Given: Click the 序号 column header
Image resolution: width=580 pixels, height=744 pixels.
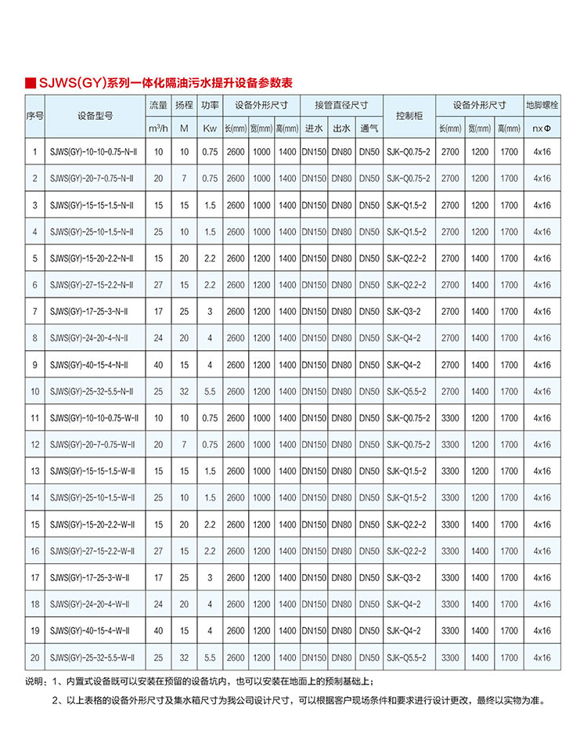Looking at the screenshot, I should point(34,115).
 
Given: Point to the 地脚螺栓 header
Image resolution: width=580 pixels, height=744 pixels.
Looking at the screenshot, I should point(540,104).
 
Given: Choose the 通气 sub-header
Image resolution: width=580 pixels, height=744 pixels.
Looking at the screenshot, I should point(369,128).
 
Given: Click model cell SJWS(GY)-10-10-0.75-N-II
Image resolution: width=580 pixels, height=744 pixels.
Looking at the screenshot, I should point(92,152).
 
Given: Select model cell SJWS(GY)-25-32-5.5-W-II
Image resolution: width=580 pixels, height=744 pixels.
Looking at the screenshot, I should point(92,657).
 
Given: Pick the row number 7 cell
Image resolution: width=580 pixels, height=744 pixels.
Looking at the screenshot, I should point(34,312).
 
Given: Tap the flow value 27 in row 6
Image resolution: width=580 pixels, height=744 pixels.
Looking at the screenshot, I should point(158,285).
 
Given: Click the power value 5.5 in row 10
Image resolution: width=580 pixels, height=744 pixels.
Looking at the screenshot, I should point(209,392).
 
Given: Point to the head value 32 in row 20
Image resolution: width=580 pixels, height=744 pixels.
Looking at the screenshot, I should point(184,657).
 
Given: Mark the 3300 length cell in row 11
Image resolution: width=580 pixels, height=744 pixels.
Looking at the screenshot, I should point(450,418).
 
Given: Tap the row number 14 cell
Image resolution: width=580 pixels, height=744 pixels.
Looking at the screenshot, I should point(34,497).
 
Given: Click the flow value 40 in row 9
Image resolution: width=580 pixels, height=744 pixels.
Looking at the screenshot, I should point(158,365).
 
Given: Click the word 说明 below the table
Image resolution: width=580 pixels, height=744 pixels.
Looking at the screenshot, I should point(36,681).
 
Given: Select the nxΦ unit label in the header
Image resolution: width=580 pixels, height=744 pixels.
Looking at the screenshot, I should point(540,128).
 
